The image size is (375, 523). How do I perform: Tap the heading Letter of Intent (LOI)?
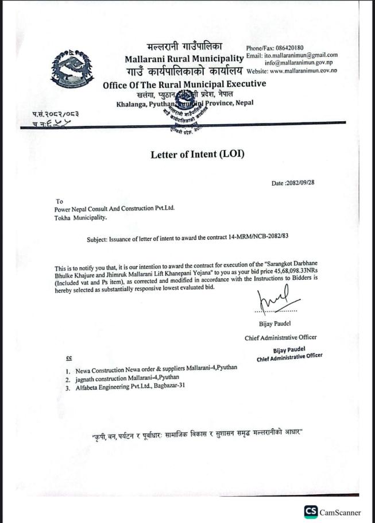click(198, 154)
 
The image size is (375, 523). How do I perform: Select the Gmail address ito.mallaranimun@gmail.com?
click(300, 55)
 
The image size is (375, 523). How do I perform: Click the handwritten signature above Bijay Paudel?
click(277, 301)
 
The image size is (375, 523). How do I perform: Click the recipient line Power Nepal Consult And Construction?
click(113, 209)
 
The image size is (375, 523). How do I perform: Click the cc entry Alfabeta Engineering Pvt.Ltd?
click(129, 388)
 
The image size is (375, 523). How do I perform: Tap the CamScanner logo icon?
click(311, 511)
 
